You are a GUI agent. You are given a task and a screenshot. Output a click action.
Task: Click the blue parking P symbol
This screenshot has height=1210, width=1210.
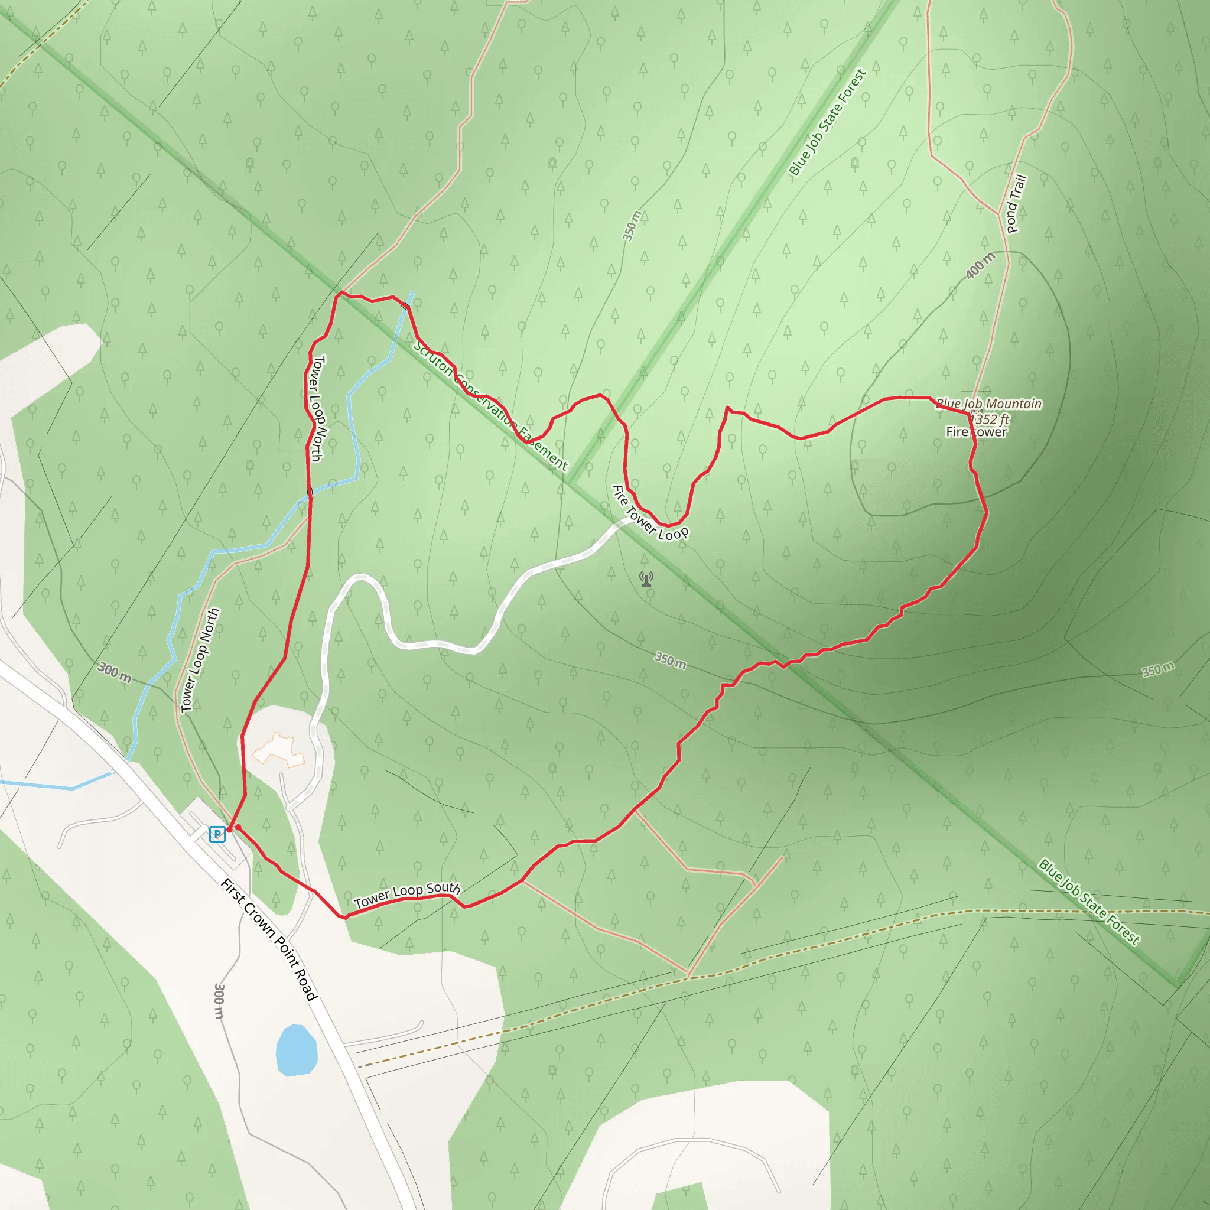pos(217,834)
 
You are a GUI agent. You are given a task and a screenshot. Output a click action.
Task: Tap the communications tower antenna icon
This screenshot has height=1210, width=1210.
pos(646,578)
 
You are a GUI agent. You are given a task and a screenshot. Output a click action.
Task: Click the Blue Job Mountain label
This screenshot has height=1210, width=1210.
pos(989,404)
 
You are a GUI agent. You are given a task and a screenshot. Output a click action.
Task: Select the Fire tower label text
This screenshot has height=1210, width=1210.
pos(977,431)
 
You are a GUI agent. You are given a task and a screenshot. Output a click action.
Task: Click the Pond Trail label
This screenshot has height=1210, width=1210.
pos(1016,204)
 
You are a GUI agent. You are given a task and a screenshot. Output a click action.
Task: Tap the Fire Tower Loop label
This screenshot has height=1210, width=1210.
pos(650,513)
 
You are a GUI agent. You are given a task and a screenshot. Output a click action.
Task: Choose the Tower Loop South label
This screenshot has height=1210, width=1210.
pos(407,895)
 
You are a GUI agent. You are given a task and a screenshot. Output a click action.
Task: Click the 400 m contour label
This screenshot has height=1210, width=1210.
pos(980,265)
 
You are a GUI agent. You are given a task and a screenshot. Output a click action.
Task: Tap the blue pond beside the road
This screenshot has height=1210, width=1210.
pos(296,1050)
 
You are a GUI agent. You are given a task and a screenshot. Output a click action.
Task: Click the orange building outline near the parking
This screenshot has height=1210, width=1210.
pos(279,750)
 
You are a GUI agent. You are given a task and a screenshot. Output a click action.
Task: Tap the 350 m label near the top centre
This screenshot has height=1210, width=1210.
pos(632,226)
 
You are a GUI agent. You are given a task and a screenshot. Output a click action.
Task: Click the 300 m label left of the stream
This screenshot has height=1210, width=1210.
pos(115,672)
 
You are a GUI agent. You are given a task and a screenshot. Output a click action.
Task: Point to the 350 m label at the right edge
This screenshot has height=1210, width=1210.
pos(1158,669)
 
